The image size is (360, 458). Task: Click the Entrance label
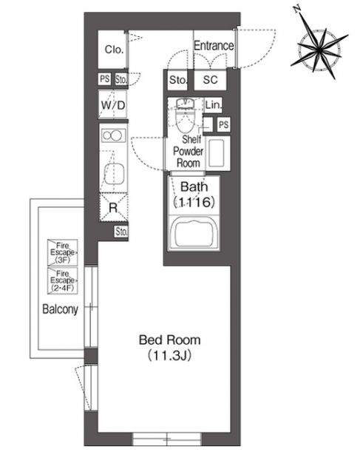coord(214,46)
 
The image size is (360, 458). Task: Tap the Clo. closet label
coord(114,50)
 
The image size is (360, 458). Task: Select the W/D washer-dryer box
coord(113,104)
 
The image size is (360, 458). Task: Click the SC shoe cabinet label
coord(210,79)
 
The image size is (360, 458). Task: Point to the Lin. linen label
coord(213,105)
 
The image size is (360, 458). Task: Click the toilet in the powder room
coord(186,115)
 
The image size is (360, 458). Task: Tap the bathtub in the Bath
coord(194,233)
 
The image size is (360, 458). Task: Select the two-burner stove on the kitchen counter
coord(113,136)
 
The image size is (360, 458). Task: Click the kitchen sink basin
coord(115,174)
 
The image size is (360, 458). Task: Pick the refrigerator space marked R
coord(114,208)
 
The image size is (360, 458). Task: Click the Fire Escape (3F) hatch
coord(62,252)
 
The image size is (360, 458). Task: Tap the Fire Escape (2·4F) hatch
coord(62,280)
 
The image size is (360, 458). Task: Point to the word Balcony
coord(61,309)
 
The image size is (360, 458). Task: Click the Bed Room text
coord(170,340)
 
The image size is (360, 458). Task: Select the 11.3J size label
coord(169,356)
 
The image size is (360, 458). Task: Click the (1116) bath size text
coord(194,201)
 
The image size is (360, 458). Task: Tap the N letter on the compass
coord(297,10)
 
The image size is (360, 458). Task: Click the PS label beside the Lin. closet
coord(224,125)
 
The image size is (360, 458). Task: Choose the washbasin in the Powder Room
coord(217,152)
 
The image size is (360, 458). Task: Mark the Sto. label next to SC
coord(177,80)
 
